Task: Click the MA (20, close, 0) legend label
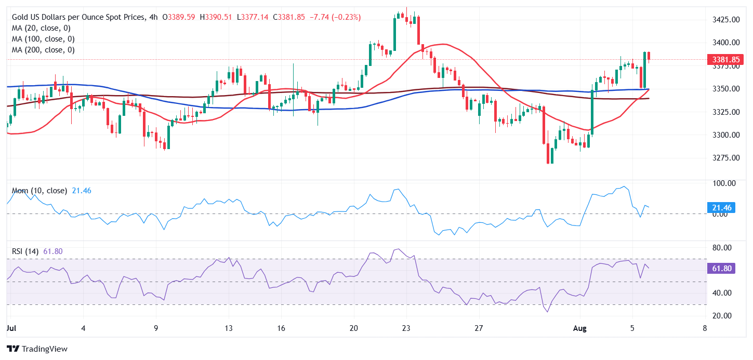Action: tap(41, 28)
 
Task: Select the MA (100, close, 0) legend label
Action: tap(43, 39)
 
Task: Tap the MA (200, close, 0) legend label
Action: tap(43, 50)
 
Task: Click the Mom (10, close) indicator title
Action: tap(39, 191)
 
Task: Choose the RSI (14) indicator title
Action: tap(25, 251)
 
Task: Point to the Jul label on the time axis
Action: tap(10, 328)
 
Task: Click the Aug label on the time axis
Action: tap(580, 328)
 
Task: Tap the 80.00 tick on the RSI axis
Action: tap(722, 247)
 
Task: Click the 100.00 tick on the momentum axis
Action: tap(723, 183)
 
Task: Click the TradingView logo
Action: tap(37, 349)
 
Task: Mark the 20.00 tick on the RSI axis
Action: tap(722, 316)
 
